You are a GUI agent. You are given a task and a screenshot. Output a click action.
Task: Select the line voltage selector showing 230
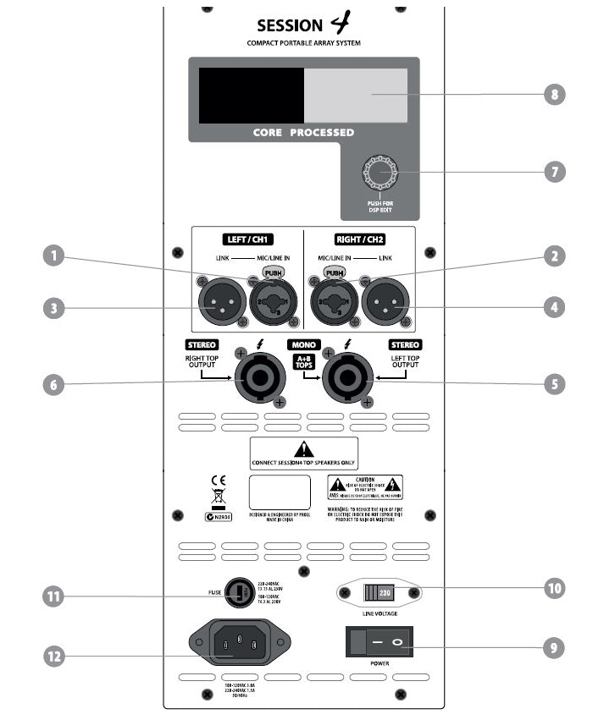point(379,593)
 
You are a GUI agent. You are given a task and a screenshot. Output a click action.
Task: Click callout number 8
point(555,94)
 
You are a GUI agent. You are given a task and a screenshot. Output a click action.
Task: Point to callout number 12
point(55,655)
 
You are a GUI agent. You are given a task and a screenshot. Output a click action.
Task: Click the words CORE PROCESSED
point(303,133)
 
